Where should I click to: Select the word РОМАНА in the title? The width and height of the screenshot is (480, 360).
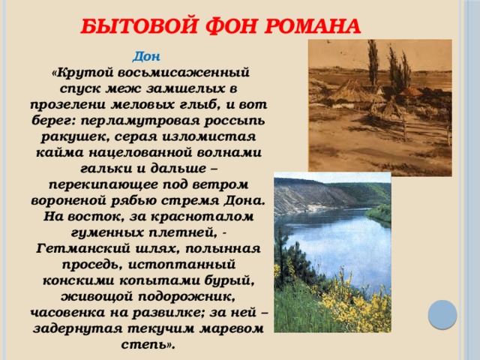[x=308, y=27]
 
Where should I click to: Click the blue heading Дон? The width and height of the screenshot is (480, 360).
[x=145, y=56]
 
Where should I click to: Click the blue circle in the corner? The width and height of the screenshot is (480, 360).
[x=443, y=314]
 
